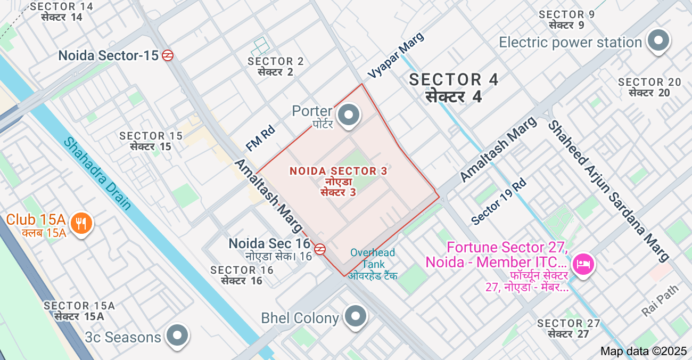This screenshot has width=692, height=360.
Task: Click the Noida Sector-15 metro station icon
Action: tap(168, 55)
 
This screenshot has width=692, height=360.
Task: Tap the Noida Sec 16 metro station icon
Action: tap(320, 249)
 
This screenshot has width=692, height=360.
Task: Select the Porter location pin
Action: tap(349, 114)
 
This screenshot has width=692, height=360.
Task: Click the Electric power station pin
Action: tap(658, 40)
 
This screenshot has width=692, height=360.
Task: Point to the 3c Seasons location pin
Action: tap(177, 336)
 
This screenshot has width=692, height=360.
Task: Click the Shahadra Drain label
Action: tap(98, 174)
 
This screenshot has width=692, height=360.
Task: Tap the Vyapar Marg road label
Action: tap(396, 55)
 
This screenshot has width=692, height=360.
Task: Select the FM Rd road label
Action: tap(260, 138)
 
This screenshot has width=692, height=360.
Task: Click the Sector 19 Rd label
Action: tap(499, 201)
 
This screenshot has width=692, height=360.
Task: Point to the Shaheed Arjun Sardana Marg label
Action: tap(608, 191)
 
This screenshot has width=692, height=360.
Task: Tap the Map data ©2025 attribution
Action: tap(644, 351)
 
